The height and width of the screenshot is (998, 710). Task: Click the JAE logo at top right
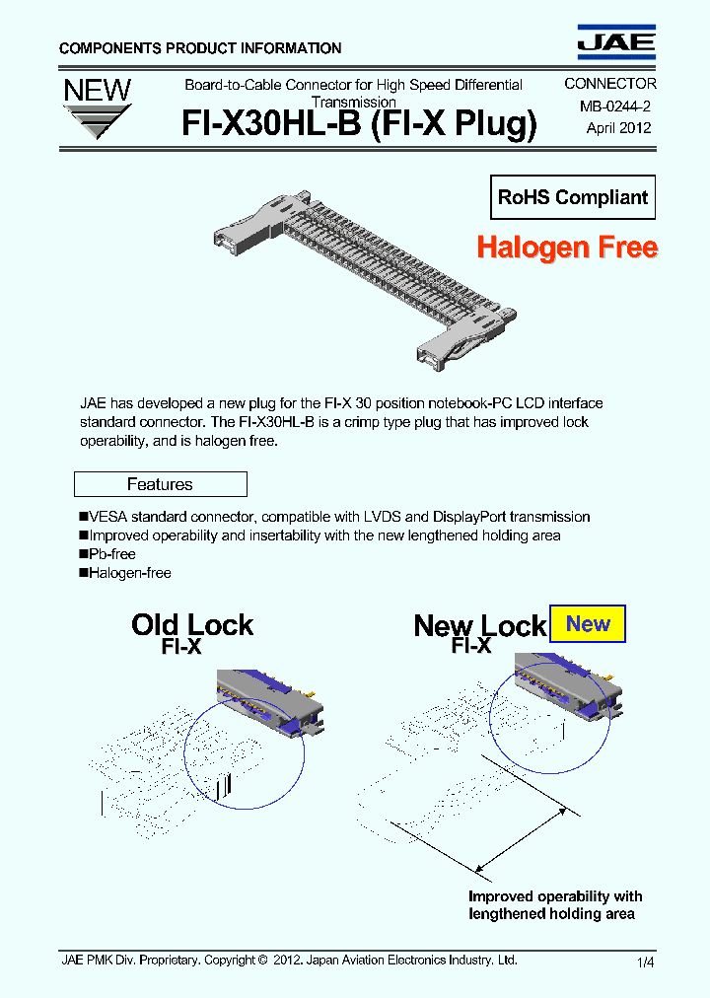coord(615,40)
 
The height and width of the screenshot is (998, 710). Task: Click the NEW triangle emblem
coord(97,107)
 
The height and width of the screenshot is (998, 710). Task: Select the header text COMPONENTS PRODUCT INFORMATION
coord(200,48)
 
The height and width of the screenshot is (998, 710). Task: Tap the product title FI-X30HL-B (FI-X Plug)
coord(359,125)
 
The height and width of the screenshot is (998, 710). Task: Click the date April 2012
coord(618,127)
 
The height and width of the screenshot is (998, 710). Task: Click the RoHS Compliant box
coord(573,197)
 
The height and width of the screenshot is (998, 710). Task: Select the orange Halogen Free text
coord(566,247)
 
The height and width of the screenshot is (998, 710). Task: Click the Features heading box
coord(160,484)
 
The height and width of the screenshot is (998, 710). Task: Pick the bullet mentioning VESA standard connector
coord(334,517)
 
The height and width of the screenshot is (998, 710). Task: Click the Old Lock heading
coord(192,625)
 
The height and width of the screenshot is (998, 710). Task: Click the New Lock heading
coord(479,626)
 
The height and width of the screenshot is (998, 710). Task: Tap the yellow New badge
coord(588,623)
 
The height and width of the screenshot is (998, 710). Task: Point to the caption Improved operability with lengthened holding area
coord(554,905)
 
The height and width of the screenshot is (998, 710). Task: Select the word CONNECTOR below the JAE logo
coord(609,85)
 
